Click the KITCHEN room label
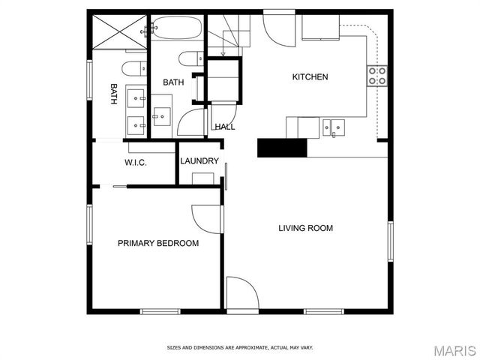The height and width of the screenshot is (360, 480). [310, 77]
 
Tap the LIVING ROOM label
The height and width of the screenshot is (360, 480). [305, 228]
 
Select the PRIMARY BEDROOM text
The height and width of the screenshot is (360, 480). [158, 243]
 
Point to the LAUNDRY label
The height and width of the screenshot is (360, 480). [199, 161]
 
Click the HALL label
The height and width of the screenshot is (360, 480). [225, 127]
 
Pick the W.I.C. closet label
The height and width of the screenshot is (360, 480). [135, 163]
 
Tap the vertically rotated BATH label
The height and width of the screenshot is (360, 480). [114, 93]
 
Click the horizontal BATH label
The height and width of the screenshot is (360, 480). [174, 82]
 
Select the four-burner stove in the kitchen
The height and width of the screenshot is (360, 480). [376, 75]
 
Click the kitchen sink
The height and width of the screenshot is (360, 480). [334, 127]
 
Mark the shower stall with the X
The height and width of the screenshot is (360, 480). [120, 29]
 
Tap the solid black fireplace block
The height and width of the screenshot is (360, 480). [282, 148]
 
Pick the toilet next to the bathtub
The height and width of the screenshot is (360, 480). [190, 58]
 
